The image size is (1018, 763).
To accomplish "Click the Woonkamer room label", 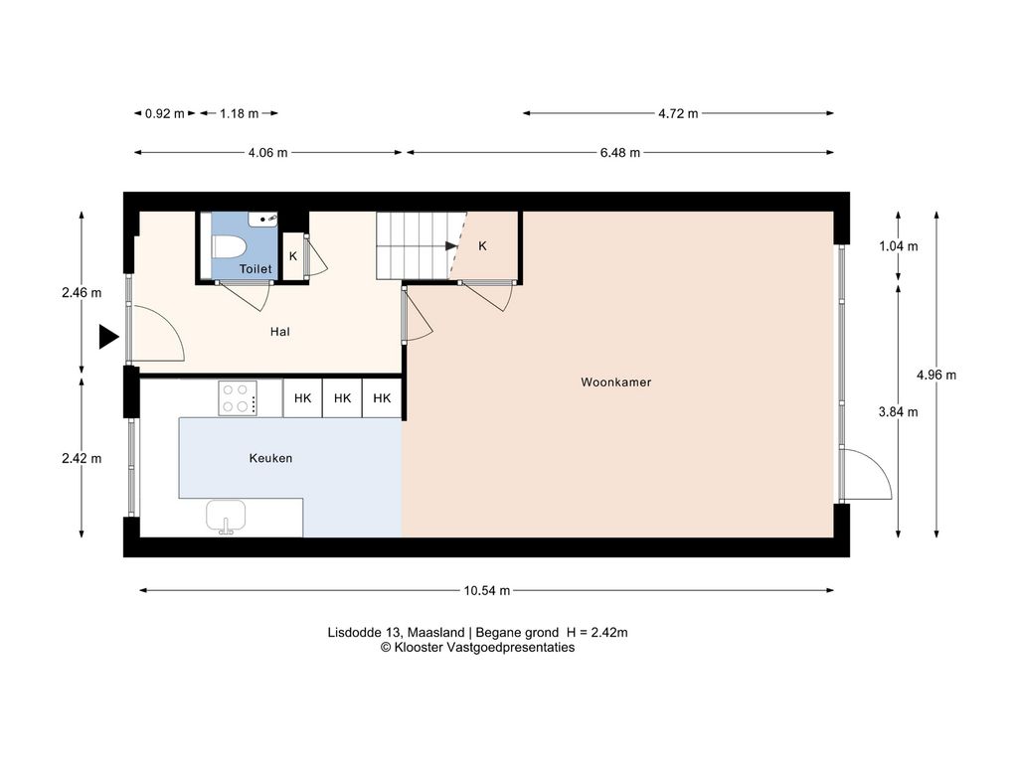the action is tap(615, 382).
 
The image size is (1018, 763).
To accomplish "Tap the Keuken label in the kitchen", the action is tap(270, 458).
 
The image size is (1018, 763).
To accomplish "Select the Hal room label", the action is tap(279, 332).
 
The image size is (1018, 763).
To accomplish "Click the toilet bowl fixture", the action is tap(229, 247).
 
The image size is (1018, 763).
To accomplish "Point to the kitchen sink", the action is tap(226, 517).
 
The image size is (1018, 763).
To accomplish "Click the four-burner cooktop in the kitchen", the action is tap(238, 398).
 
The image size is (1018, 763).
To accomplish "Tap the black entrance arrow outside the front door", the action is tap(108, 338).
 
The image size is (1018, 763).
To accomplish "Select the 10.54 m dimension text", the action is tap(487, 590).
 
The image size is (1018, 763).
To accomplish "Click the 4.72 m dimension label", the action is tap(678, 113).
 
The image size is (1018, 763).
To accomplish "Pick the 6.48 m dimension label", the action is tap(620, 152).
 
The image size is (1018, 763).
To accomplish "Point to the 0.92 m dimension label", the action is tap(165, 113).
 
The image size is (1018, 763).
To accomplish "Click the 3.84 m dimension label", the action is tap(898, 412).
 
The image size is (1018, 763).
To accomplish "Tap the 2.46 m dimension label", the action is tap(82, 293).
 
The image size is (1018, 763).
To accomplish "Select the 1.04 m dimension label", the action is tap(899, 246).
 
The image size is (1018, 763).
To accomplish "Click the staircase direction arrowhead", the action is tap(451, 246).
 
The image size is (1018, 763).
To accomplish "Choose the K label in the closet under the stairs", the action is tap(482, 246).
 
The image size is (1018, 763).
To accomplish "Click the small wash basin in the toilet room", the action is tap(262, 220).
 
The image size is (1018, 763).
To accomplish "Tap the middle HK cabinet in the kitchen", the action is tap(342, 398).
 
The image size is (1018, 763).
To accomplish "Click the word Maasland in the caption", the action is tap(435, 633).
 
